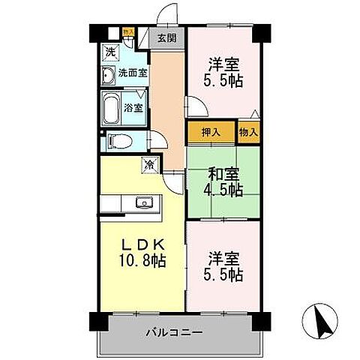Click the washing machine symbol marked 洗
(110, 52)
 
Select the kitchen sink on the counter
(143, 203)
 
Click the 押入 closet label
(211, 133)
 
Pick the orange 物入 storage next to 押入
(248, 133)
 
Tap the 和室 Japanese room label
(224, 174)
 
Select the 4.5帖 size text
(224, 190)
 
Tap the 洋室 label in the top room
(223, 63)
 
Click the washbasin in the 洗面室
(108, 73)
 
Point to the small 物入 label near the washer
(128, 32)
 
